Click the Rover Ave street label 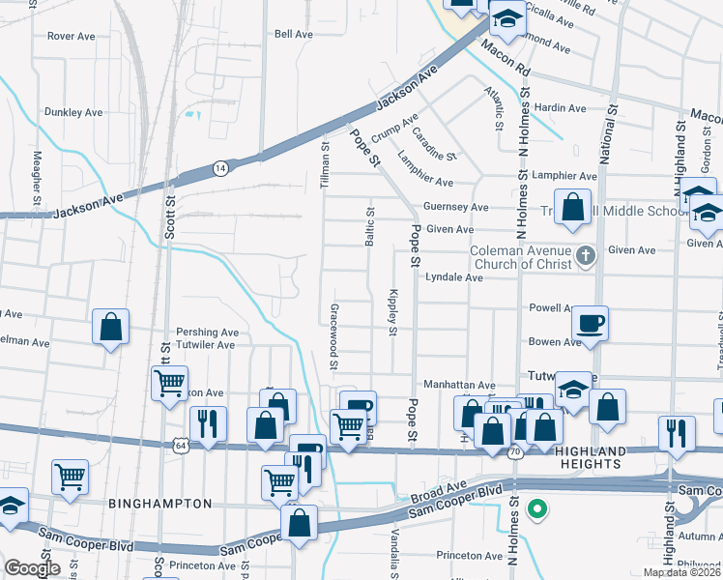click(71, 37)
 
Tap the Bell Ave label click(294, 34)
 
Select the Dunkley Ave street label click(72, 113)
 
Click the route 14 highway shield click(221, 167)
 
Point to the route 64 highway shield click(181, 446)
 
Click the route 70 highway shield click(515, 450)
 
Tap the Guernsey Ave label click(456, 207)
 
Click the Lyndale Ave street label click(453, 277)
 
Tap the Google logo click(31, 568)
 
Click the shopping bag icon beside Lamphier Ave click(572, 208)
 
